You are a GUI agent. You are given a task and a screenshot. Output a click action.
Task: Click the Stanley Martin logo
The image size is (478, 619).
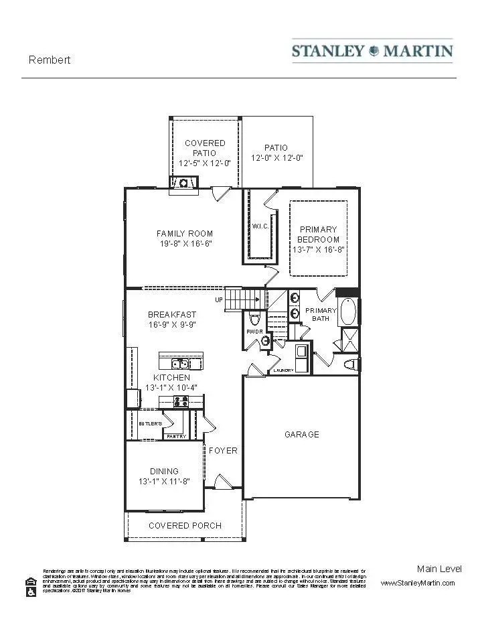(x=372, y=51)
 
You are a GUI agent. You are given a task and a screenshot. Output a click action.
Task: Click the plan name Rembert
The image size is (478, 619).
(x=50, y=60)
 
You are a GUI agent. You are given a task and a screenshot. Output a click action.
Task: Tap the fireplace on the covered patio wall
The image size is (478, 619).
(x=183, y=182)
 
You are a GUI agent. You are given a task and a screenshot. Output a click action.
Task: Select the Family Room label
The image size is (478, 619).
(x=185, y=234)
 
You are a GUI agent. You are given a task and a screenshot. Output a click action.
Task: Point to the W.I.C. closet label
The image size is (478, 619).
(x=260, y=226)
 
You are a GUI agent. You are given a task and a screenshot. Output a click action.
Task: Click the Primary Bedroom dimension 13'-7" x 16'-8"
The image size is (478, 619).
(x=318, y=249)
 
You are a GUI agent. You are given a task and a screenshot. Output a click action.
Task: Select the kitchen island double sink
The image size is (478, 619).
(x=179, y=364)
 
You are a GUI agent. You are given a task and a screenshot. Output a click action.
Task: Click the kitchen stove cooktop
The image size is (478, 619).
(x=181, y=401)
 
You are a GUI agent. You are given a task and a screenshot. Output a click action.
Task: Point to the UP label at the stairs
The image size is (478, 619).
(x=219, y=300)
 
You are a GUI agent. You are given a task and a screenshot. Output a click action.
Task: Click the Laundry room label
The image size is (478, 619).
(x=283, y=370)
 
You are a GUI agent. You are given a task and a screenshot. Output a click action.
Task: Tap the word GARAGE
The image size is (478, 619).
(x=302, y=434)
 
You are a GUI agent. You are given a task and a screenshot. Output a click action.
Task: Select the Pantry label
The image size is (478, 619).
(x=176, y=436)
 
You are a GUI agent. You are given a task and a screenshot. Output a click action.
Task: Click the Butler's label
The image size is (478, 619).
(x=150, y=424)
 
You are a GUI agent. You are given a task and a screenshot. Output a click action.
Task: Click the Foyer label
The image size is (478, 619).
(x=223, y=451)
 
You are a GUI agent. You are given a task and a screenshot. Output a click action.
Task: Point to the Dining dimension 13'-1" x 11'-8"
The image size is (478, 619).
(x=163, y=482)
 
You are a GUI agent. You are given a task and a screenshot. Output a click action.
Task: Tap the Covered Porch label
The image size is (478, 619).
(x=185, y=525)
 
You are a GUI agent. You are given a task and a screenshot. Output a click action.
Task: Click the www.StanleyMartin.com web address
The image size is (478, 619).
(x=418, y=583)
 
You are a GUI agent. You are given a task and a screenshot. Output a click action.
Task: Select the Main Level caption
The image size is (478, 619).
(x=439, y=569)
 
